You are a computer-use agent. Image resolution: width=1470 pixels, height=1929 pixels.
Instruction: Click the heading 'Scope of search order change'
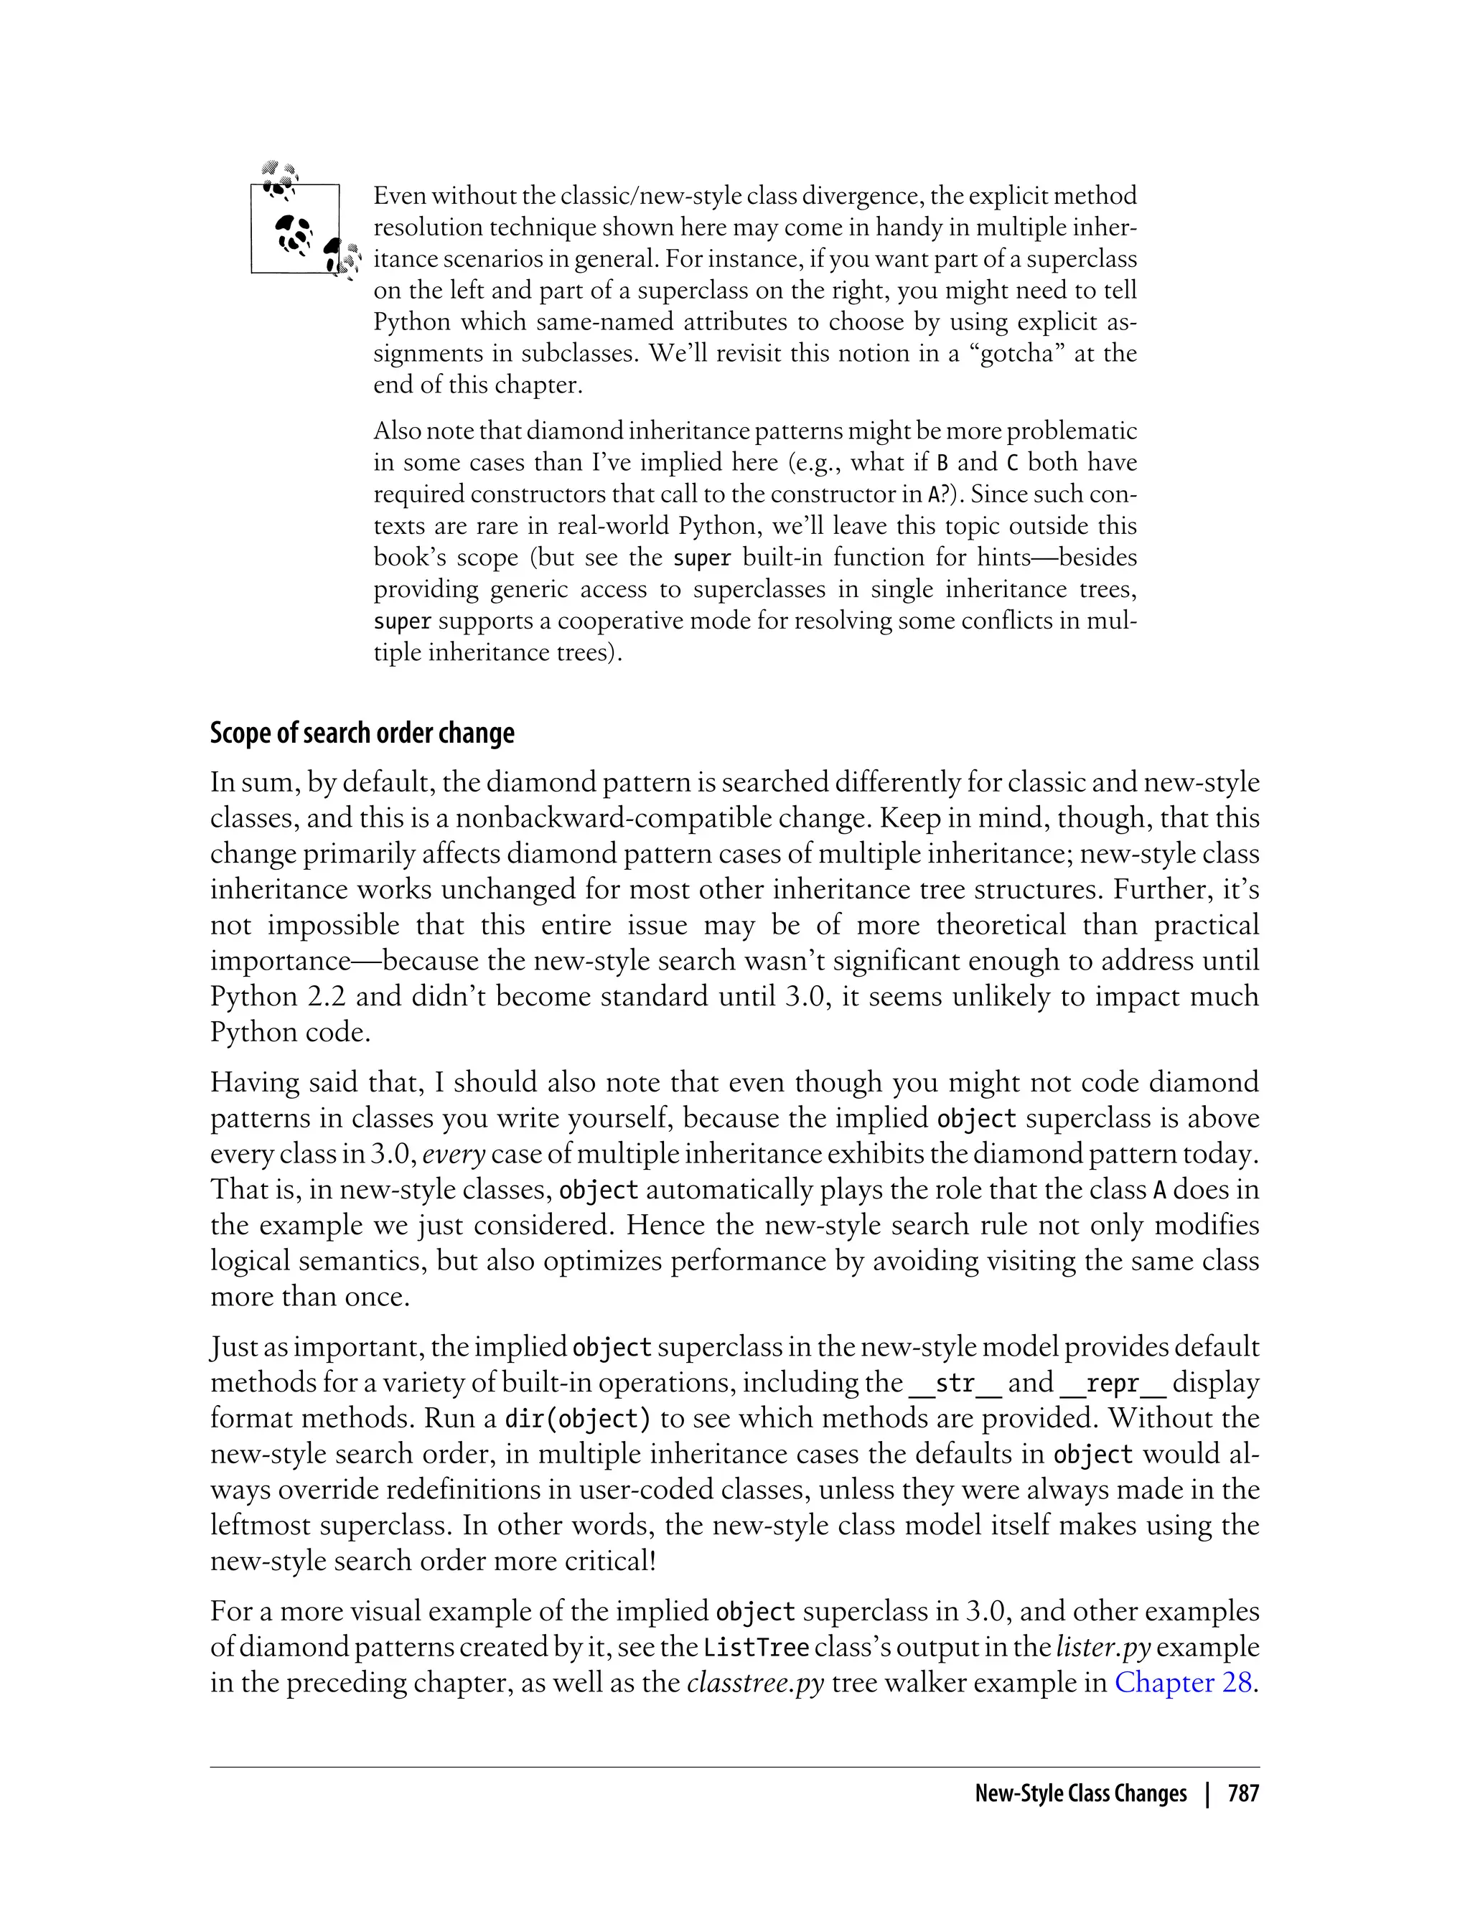[362, 733]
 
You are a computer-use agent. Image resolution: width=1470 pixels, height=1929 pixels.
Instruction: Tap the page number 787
[1242, 1793]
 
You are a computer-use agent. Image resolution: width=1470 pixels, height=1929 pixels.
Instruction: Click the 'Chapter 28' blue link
[1183, 1682]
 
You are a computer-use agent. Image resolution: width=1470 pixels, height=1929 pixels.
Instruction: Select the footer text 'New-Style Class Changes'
[1081, 1793]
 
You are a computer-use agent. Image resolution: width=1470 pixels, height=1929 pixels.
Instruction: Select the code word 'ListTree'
[756, 1647]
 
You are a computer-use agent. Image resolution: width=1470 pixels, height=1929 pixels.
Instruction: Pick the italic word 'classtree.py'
[755, 1682]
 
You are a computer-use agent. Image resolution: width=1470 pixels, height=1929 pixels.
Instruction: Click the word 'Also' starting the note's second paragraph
[396, 431]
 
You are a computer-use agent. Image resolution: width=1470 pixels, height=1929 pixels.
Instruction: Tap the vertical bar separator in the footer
[1207, 1793]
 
